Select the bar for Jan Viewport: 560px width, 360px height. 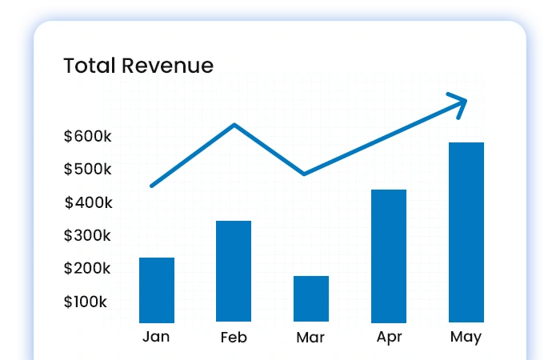pyautogui.click(x=157, y=290)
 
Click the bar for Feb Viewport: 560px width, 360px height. pyautogui.click(x=234, y=271)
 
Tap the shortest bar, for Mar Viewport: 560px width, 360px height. pyautogui.click(x=311, y=298)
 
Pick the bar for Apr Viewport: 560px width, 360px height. pyautogui.click(x=389, y=255)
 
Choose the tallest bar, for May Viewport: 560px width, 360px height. pyautogui.click(x=466, y=232)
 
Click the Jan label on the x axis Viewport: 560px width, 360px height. pyautogui.click(x=156, y=336)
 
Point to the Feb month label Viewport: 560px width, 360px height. pyautogui.click(x=234, y=337)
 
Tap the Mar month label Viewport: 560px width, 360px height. pyautogui.click(x=310, y=337)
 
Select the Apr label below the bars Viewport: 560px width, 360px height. pyautogui.click(x=389, y=337)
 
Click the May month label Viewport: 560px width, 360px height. pyautogui.click(x=466, y=337)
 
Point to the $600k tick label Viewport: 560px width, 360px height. pyautogui.click(x=88, y=137)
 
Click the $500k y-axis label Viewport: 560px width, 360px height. pyautogui.click(x=88, y=170)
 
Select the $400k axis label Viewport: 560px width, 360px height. pyautogui.click(x=88, y=203)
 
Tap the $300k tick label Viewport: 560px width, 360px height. pyautogui.click(x=88, y=236)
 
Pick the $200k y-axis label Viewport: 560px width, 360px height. pyautogui.click(x=88, y=269)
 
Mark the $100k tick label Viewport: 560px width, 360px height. pyautogui.click(x=86, y=302)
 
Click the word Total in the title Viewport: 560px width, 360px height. pyautogui.click(x=90, y=66)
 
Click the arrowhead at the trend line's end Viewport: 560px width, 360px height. pyautogui.click(x=460, y=102)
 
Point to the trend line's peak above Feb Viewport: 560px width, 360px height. pyautogui.click(x=234, y=125)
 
